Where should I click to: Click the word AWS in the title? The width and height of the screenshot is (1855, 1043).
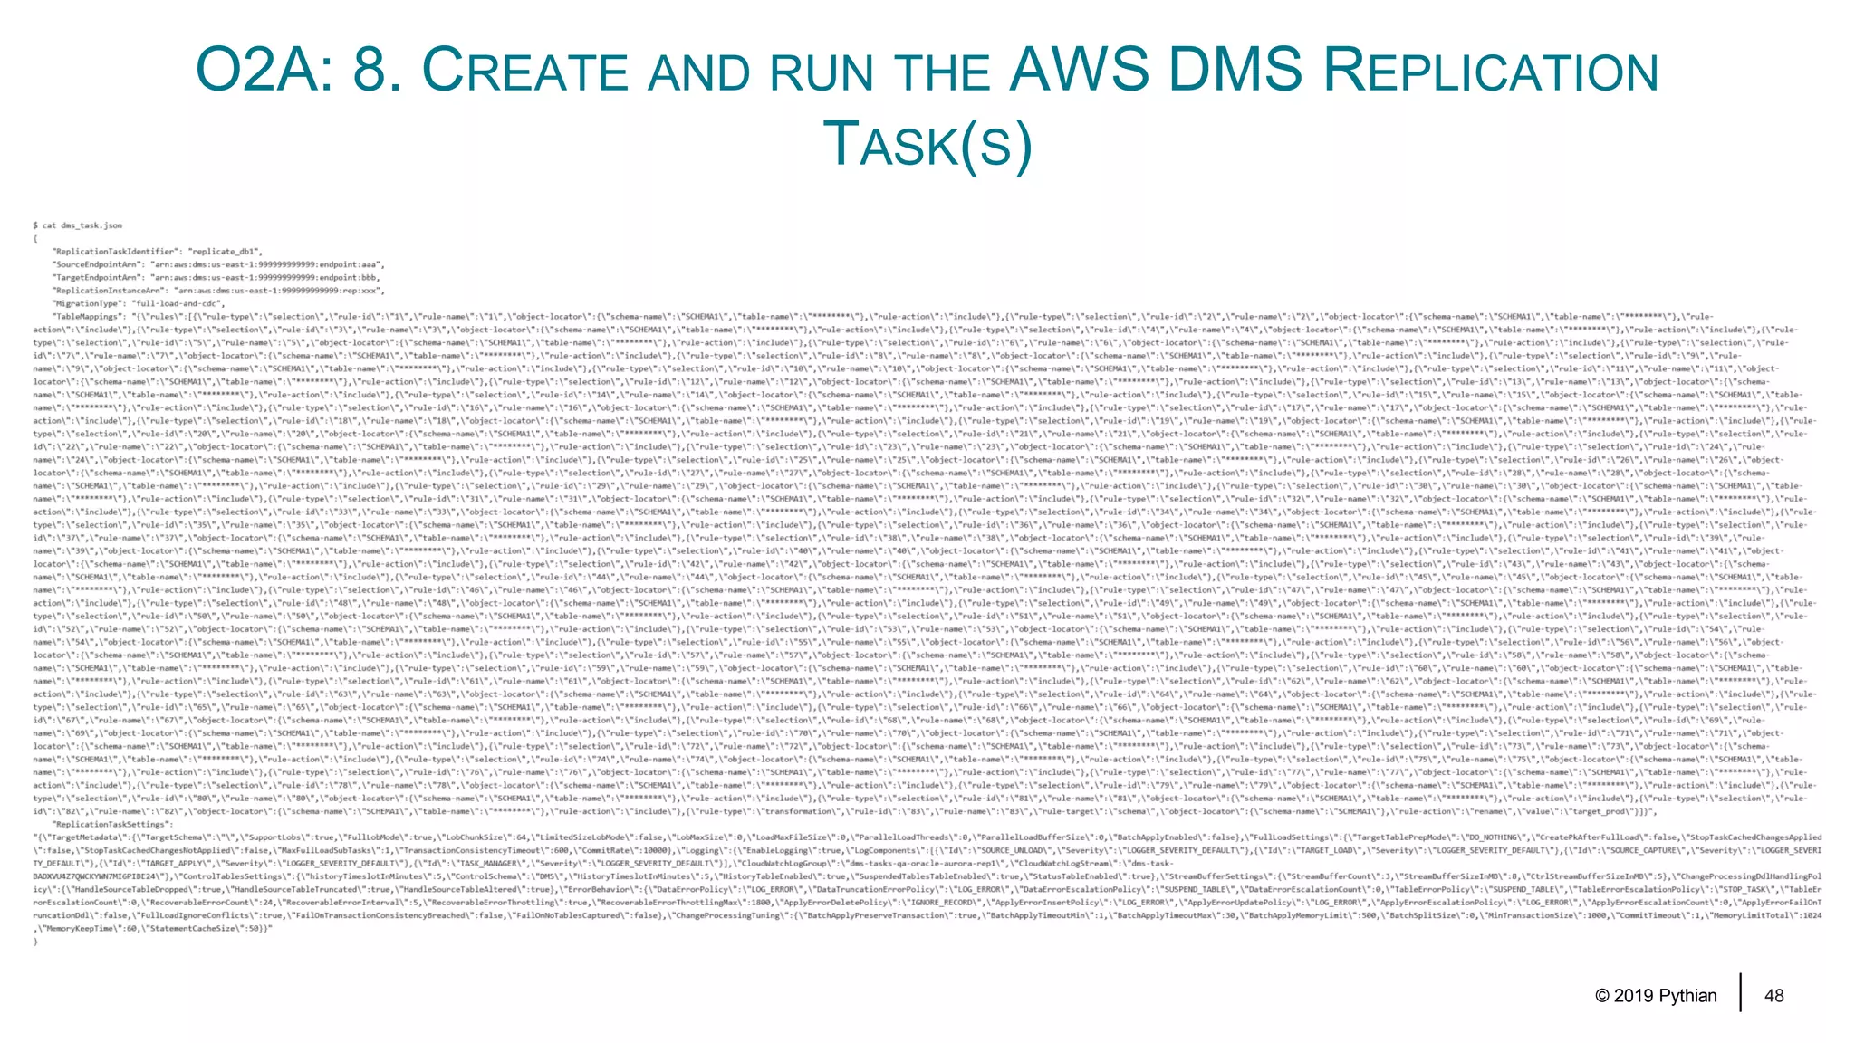coord(1080,70)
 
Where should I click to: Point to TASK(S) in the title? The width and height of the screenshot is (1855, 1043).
coord(927,145)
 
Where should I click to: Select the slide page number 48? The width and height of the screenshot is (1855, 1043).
coord(1773,996)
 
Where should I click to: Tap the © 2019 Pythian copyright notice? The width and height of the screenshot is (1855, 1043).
coord(1656,996)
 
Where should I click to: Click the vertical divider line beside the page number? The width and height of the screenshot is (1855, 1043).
coord(1740,992)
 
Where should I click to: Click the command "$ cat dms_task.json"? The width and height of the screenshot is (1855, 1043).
coord(77,225)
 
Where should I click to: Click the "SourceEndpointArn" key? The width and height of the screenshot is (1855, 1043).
coord(97,264)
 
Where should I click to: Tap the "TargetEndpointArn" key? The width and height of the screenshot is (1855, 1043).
coord(97,277)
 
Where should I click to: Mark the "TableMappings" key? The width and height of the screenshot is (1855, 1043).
coord(87,317)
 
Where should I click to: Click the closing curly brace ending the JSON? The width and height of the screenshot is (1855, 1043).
coord(35,943)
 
